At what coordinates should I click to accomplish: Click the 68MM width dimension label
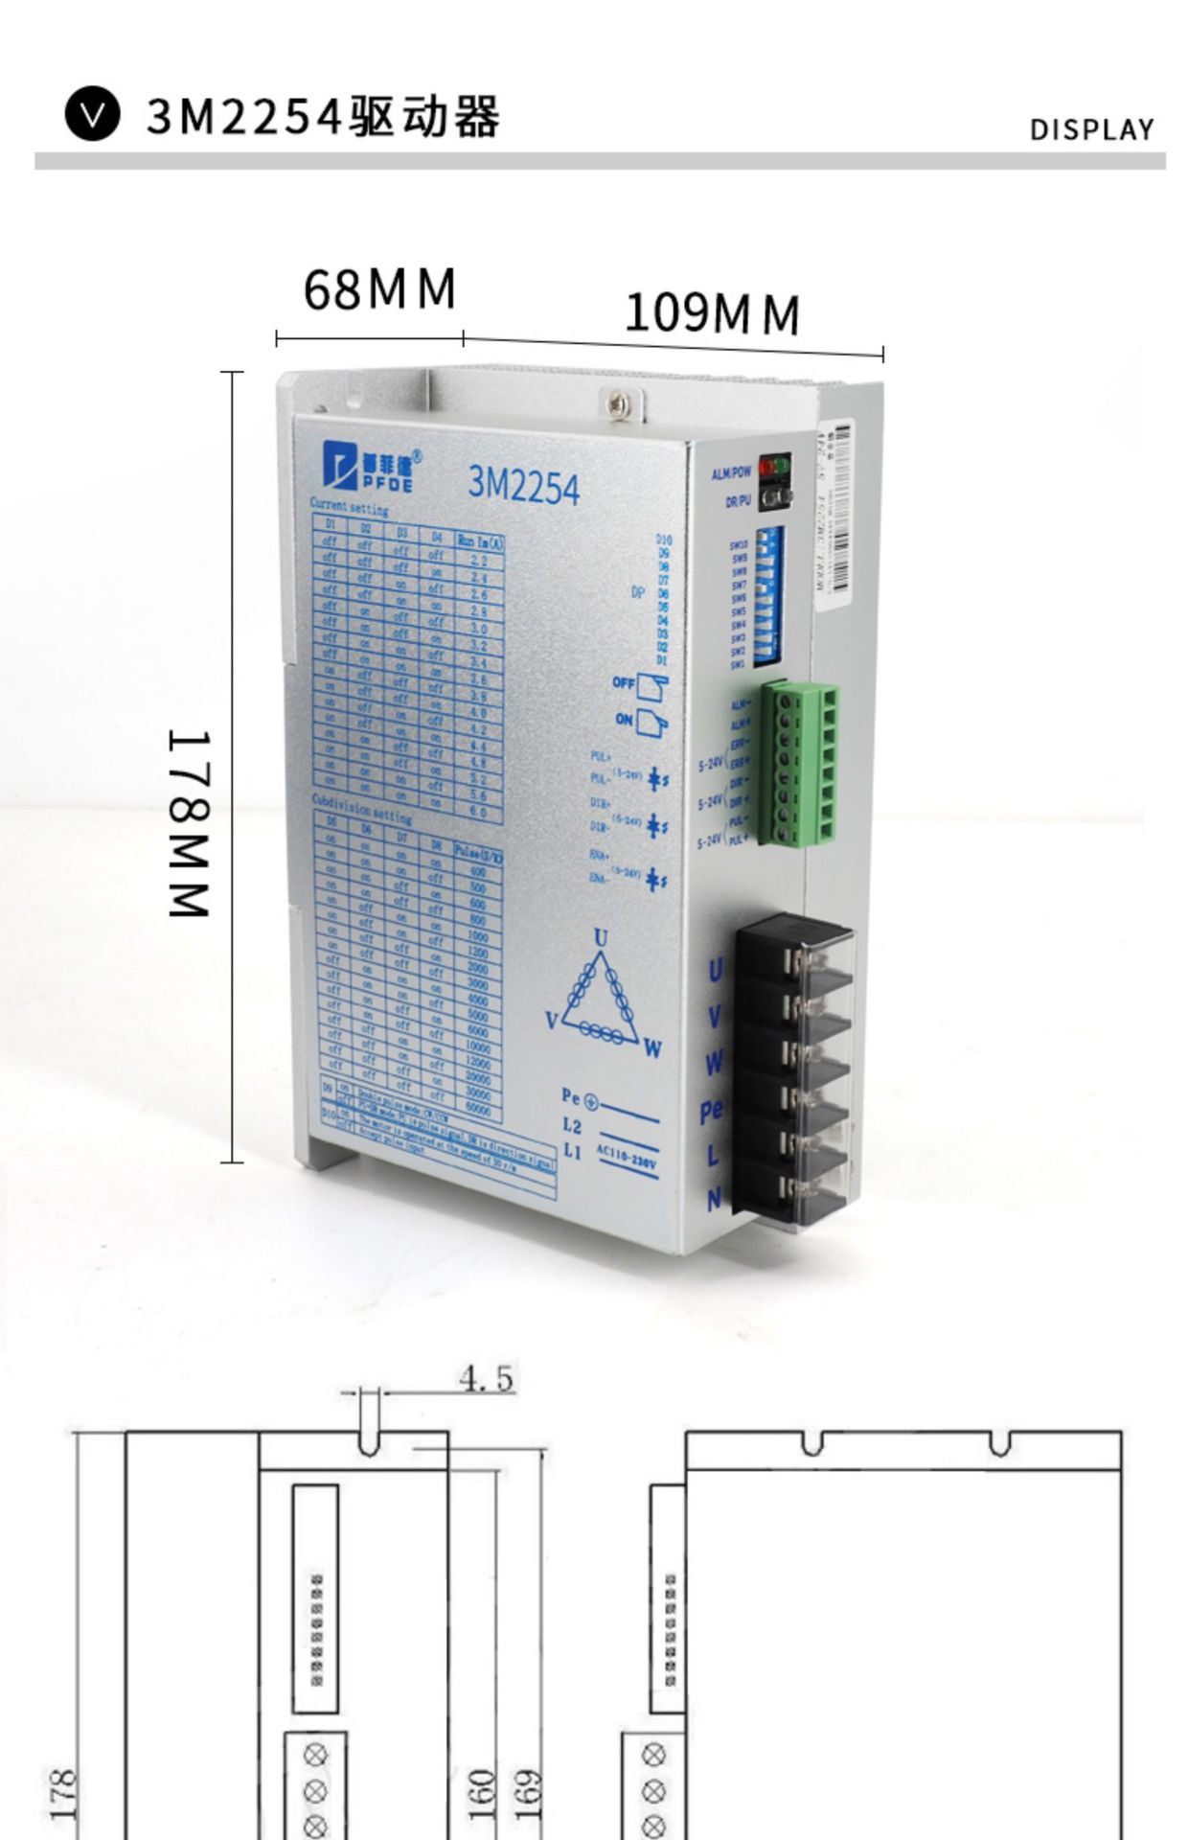[x=379, y=289]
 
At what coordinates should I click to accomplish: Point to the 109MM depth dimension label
[x=711, y=313]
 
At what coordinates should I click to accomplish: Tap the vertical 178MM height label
[x=189, y=823]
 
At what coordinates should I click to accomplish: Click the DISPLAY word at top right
[x=1092, y=130]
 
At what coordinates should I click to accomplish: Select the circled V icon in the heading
[x=93, y=116]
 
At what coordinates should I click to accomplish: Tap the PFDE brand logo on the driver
[x=370, y=464]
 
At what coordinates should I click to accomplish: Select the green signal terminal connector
[x=801, y=764]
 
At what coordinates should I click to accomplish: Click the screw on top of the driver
[x=614, y=402]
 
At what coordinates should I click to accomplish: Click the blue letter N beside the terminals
[x=714, y=1198]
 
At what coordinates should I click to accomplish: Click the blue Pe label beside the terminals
[x=712, y=1112]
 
